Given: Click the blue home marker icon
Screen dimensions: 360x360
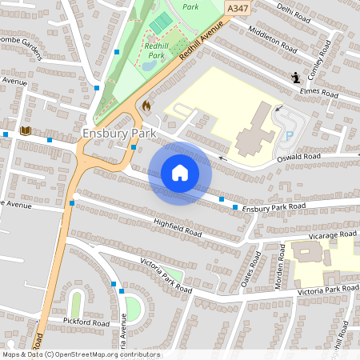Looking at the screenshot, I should [x=180, y=173].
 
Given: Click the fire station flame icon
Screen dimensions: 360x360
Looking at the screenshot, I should [x=146, y=105].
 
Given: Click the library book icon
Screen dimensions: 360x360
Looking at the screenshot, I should [x=26, y=130].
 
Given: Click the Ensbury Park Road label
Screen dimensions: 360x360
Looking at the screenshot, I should [x=274, y=207].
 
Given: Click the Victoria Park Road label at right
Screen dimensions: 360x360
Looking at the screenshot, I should [x=328, y=288].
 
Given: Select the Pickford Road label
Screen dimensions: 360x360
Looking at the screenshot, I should [x=86, y=321].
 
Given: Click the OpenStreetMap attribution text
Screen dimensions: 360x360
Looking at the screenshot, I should [x=80, y=354].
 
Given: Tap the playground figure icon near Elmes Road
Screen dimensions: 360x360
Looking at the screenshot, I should [x=296, y=78].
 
